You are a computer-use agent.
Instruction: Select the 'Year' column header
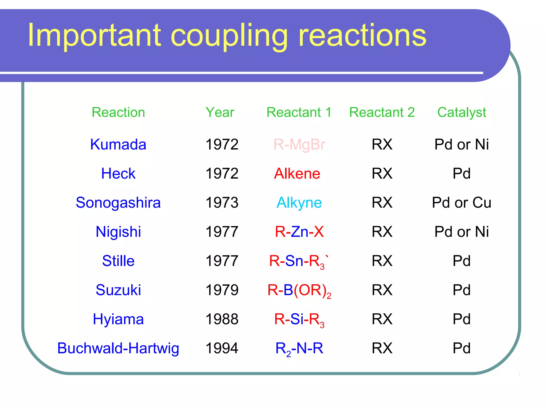tap(220, 112)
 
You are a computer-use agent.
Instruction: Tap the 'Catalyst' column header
tap(462, 112)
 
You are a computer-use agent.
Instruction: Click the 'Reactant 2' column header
tap(382, 112)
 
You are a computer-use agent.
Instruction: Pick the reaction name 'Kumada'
tap(118, 144)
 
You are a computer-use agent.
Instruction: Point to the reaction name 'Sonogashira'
tap(118, 203)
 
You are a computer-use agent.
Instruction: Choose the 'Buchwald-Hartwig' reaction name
tap(118, 348)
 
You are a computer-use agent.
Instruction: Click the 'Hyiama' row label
tap(118, 319)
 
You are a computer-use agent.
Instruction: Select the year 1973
tap(222, 203)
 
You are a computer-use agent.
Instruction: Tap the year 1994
tap(222, 348)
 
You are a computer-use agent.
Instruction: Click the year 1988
tap(222, 319)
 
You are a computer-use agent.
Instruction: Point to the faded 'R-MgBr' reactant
tap(299, 144)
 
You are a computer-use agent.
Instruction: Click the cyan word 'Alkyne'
tap(299, 203)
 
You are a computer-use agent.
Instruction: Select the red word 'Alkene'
tap(297, 174)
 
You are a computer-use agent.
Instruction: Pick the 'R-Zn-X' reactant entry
tap(299, 232)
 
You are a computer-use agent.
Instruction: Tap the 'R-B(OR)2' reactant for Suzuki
tap(299, 290)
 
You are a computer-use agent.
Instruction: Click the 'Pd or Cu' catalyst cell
tap(462, 203)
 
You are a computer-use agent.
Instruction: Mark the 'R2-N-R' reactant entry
tap(299, 348)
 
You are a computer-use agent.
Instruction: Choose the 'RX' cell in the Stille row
tap(382, 261)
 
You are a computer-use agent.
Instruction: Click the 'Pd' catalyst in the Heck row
tap(462, 174)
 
